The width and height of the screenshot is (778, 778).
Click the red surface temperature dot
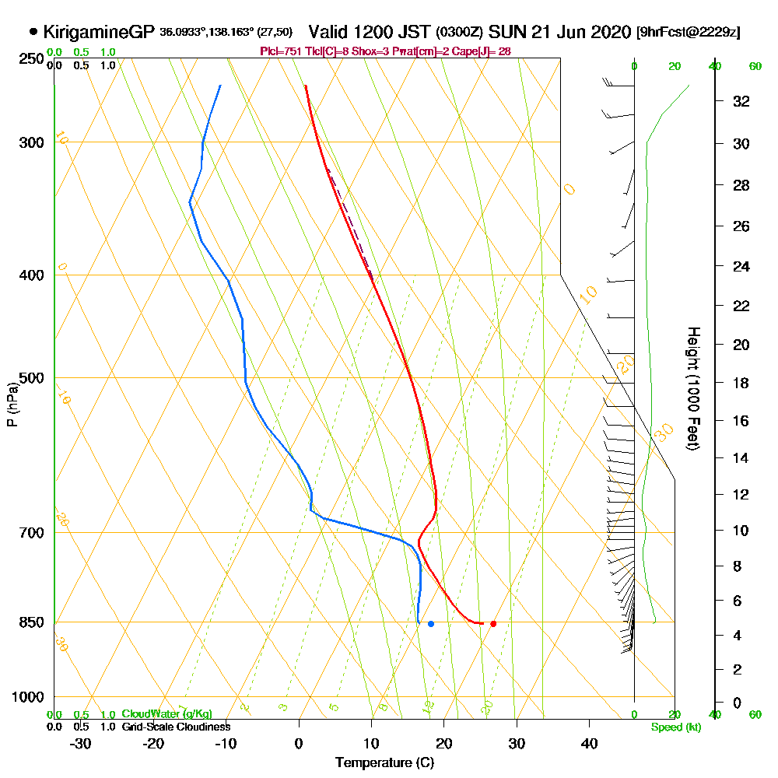[x=493, y=624]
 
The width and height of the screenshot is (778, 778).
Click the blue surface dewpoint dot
[x=431, y=624]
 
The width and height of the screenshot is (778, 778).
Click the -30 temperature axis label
[x=81, y=743]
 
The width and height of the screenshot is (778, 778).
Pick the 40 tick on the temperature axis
[x=589, y=743]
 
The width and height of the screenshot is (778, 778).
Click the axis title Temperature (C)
[x=384, y=762]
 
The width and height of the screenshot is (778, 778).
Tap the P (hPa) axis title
[x=12, y=404]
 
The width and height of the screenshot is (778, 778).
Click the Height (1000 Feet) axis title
[x=692, y=388]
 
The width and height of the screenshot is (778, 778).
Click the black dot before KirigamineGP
[x=33, y=32]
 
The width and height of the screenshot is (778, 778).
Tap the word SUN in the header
[x=504, y=32]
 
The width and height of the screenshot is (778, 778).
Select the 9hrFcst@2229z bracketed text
[x=688, y=33]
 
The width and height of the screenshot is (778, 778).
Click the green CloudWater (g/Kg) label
[x=166, y=714]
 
